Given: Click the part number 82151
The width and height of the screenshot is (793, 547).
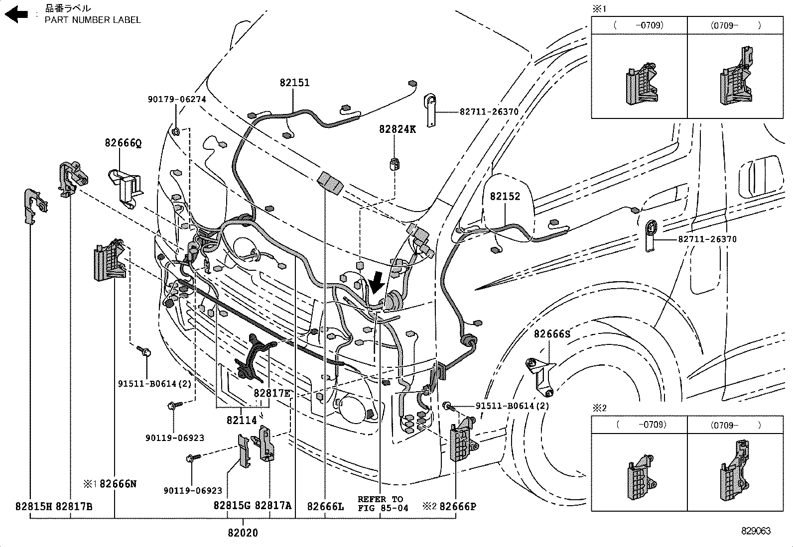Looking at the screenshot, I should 294,83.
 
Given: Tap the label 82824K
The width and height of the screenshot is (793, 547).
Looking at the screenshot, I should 397,129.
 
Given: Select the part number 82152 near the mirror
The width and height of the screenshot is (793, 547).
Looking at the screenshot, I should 505,197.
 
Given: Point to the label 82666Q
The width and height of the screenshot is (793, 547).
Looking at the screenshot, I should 123,143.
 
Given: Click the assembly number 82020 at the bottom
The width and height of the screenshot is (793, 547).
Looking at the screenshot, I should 243,533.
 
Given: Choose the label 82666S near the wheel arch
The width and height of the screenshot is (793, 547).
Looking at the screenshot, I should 552,334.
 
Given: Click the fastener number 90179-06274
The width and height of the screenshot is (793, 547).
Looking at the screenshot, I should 177,100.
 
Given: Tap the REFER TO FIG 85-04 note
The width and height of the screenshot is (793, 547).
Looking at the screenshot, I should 383,503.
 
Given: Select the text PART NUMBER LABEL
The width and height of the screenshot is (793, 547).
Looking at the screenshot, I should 93,20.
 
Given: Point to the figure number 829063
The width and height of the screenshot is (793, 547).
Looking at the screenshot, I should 756,531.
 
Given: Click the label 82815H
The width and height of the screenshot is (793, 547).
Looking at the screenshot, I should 33,507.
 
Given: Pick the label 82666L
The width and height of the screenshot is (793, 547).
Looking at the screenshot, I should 325,507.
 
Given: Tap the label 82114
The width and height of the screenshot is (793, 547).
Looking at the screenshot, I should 242,421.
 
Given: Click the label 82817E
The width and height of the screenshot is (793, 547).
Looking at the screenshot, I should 271,393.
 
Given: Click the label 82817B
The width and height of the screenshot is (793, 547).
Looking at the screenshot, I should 74,507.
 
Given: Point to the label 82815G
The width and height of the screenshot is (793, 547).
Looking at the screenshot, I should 232,506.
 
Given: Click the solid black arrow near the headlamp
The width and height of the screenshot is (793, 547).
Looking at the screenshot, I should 377,282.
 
